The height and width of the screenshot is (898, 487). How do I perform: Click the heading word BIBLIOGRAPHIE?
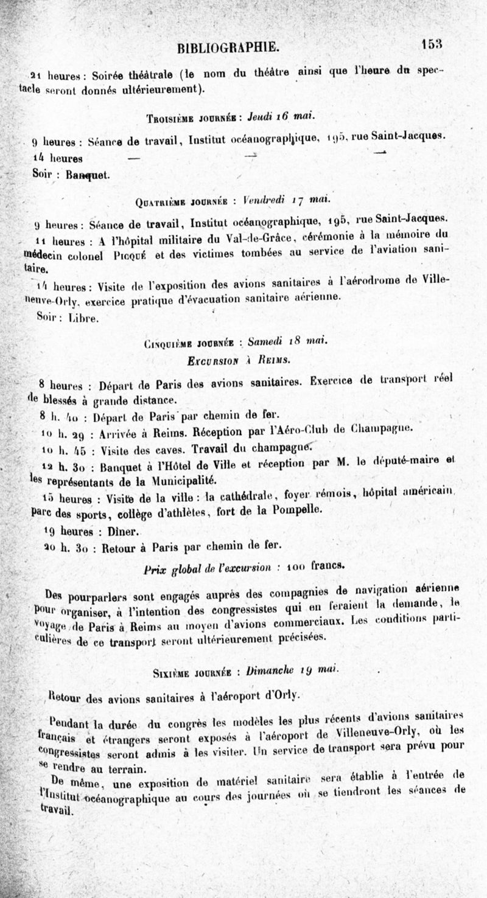coord(228,47)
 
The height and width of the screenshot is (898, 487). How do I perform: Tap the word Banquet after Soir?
coord(88,175)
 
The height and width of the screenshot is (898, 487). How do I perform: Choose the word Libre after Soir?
coord(83,318)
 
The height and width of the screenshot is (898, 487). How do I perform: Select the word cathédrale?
coord(234,496)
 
